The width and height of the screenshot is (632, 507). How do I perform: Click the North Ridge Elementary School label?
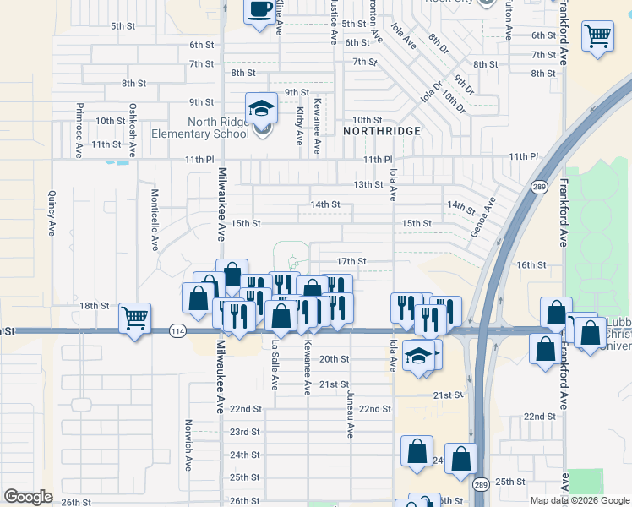click(x=200, y=128)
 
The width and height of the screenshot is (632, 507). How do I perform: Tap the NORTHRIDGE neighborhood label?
click(x=382, y=131)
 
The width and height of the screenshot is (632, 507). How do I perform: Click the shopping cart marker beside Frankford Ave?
click(x=597, y=36)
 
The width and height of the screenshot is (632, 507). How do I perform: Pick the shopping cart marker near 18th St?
click(x=134, y=318)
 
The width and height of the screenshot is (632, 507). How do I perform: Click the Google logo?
click(x=28, y=496)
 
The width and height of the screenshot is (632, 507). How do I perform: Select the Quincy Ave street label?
click(x=52, y=213)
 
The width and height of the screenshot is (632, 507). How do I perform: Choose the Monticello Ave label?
click(x=155, y=219)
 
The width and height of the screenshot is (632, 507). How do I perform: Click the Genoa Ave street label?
click(x=482, y=218)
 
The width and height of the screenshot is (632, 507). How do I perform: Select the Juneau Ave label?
click(x=349, y=414)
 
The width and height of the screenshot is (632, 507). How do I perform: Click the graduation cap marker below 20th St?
click(x=417, y=355)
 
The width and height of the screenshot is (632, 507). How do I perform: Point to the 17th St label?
click(x=351, y=262)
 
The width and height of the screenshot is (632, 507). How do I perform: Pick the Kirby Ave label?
click(x=299, y=124)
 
